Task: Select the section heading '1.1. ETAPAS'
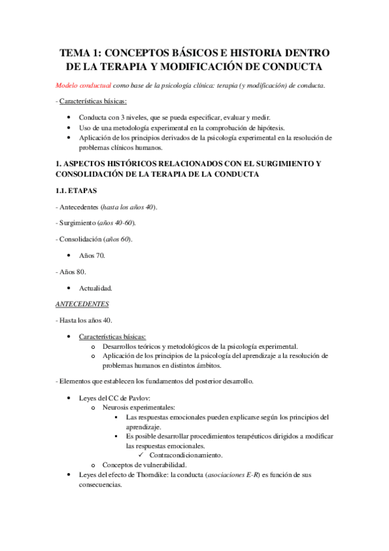(77, 192)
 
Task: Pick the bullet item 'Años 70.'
(92, 256)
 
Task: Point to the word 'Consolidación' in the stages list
(82, 240)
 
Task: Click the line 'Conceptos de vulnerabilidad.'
(144, 465)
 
